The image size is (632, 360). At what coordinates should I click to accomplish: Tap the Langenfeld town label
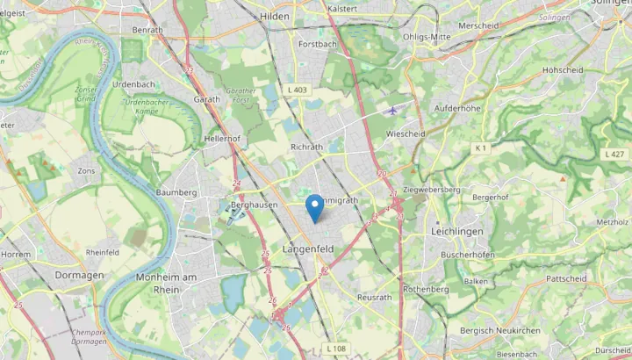[308, 249]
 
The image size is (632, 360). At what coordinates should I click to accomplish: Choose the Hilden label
[274, 17]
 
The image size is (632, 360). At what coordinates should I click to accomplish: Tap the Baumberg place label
[176, 192]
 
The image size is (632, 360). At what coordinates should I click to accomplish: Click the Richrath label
[306, 148]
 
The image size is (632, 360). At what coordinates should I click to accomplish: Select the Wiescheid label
[406, 134]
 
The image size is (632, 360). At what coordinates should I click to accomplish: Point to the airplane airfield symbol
[391, 111]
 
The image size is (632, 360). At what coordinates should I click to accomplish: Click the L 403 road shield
[297, 90]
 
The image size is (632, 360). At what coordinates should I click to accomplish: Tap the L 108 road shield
[336, 349]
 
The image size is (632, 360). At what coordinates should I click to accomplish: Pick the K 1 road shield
[480, 148]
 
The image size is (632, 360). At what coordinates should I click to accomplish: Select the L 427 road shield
[614, 155]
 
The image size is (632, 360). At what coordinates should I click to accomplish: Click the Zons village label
[86, 170]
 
